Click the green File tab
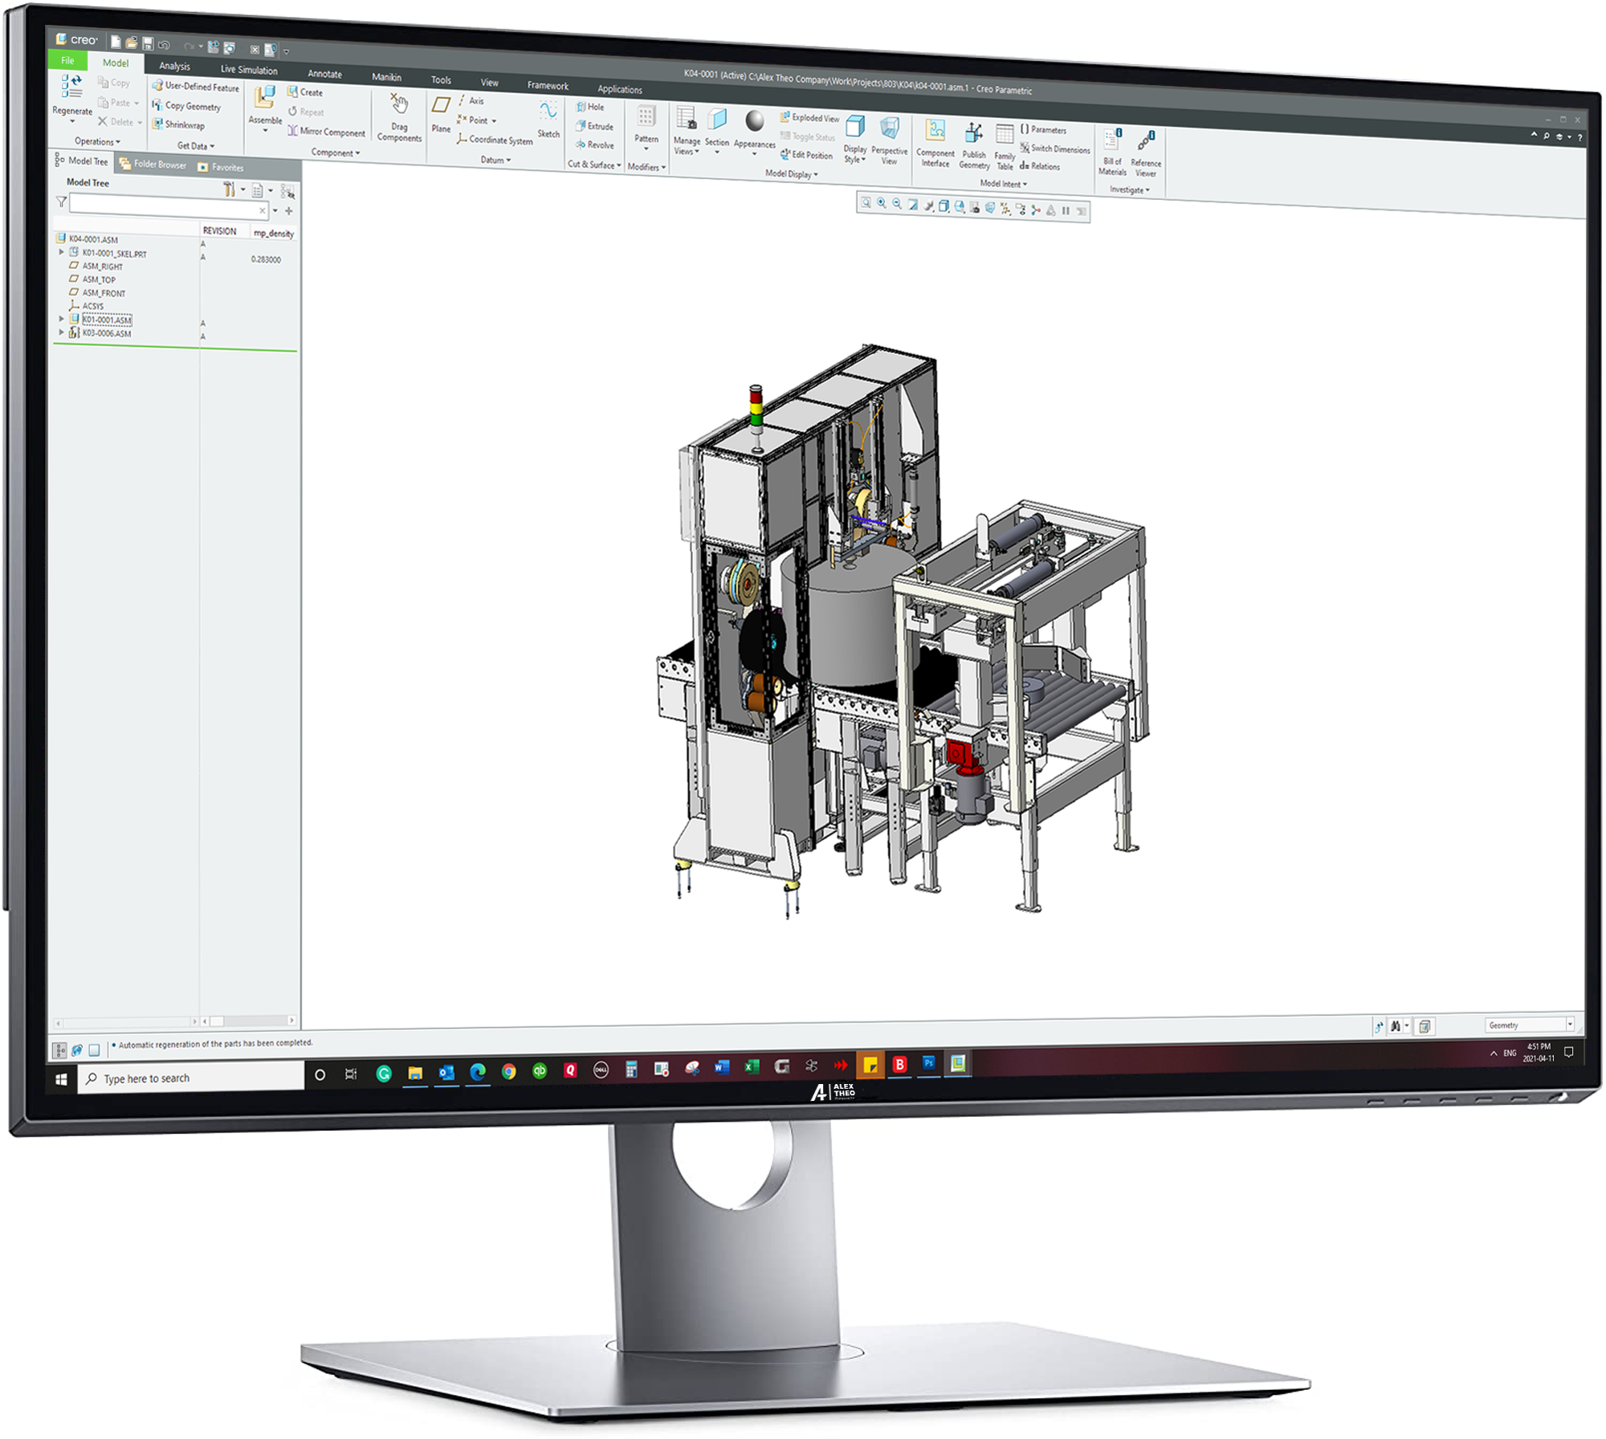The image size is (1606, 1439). [x=67, y=60]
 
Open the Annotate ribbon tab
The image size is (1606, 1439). [x=324, y=74]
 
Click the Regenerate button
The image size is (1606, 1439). [x=71, y=96]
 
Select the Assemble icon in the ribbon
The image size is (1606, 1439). [x=264, y=104]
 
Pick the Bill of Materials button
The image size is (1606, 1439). [x=1112, y=153]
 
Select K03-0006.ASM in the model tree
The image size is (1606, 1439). [x=106, y=333]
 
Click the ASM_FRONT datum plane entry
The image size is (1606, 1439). [x=104, y=293]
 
